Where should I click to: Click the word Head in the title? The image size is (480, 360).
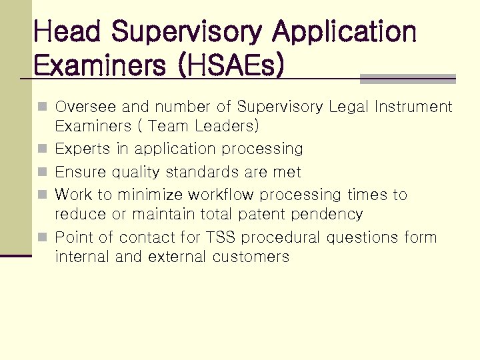click(67, 31)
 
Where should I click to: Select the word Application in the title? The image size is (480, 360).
click(345, 31)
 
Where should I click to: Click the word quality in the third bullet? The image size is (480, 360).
click(136, 172)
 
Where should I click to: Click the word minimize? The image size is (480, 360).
click(151, 195)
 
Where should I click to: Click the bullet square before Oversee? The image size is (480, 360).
click(43, 107)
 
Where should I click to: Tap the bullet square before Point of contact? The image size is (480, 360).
click(43, 237)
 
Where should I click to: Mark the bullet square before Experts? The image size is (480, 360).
click(43, 149)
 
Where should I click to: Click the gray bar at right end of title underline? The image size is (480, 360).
click(407, 79)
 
